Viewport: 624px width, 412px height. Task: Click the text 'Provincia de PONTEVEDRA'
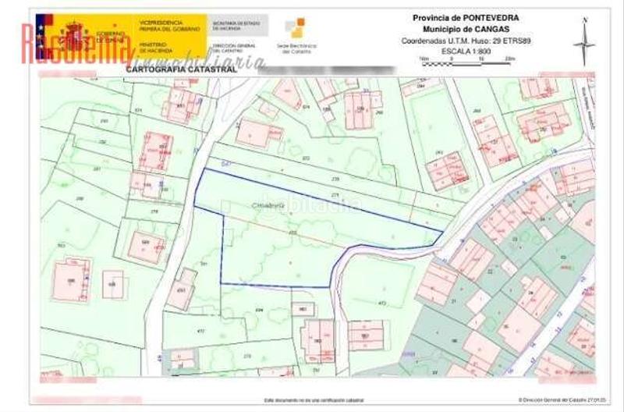(x=465, y=17)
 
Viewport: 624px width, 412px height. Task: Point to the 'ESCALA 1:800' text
(x=466, y=50)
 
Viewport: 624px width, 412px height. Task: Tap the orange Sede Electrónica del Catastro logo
(x=294, y=29)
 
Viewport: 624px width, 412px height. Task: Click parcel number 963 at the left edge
(x=61, y=246)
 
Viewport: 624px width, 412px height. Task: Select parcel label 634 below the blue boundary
(x=260, y=310)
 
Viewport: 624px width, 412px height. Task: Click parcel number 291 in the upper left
(x=103, y=122)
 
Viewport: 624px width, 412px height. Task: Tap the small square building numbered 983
(x=302, y=308)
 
